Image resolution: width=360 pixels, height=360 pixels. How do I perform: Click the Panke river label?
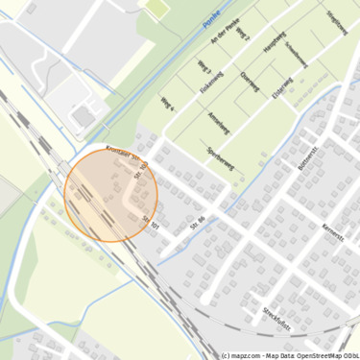[211, 21]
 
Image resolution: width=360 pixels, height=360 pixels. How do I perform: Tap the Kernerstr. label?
[334, 236]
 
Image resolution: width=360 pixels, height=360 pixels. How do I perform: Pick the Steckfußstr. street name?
[277, 318]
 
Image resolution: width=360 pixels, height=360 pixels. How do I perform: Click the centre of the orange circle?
[111, 195]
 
